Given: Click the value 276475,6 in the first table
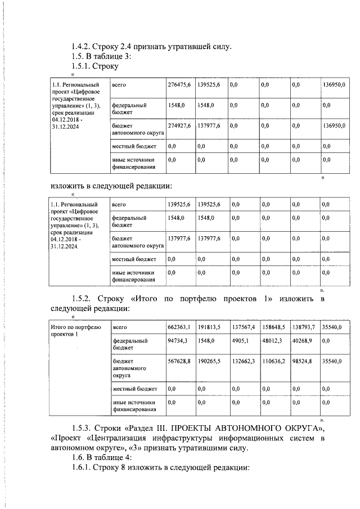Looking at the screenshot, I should (x=179, y=84).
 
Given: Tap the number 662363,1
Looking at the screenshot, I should (x=179, y=327).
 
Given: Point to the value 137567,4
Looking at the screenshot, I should (x=244, y=327).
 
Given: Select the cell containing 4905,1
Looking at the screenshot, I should (x=241, y=341).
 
